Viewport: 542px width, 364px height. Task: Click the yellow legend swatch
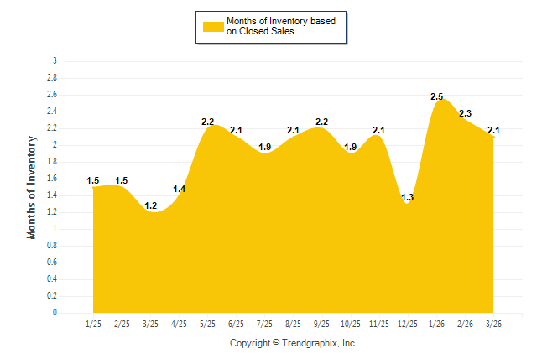coord(213,26)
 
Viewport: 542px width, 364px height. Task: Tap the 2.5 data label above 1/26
coord(436,97)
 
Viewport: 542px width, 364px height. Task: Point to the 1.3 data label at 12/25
coord(408,198)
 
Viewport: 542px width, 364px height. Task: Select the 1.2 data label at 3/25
coord(151,206)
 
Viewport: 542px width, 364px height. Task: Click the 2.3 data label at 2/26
coord(465,114)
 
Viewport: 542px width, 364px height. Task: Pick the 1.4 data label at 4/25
coord(180,190)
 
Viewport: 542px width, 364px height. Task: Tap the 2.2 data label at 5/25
coord(208,122)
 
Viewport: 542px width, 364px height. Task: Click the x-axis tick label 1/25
coord(94,324)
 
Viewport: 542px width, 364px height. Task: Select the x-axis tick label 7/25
coord(265,324)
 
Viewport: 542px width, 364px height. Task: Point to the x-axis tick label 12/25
coord(408,324)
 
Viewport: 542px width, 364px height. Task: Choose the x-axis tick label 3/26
coord(493,324)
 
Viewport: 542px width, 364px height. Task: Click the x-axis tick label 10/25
coord(351,324)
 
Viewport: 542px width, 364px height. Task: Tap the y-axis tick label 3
coord(55,61)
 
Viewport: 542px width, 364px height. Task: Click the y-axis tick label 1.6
coord(52,179)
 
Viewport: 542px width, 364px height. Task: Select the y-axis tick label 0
coord(55,313)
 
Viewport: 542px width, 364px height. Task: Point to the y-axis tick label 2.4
coord(52,112)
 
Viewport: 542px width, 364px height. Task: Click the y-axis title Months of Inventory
coord(32,187)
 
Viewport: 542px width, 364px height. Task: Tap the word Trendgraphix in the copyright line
coord(310,343)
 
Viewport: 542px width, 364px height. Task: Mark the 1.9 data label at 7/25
coord(265,148)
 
